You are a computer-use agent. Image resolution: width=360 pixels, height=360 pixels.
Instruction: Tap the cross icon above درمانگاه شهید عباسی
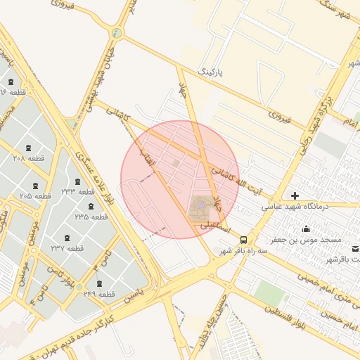[295, 195]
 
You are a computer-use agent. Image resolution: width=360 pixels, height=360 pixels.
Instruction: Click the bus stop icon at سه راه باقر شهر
[243, 240]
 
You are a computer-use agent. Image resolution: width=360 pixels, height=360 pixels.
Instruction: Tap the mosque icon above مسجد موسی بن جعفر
[306, 229]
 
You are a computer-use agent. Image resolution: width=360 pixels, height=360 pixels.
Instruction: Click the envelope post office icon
[356, 248]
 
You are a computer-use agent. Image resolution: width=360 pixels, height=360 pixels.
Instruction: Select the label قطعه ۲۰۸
[29, 158]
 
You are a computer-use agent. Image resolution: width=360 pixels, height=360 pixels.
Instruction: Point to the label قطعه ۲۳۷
[67, 248]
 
